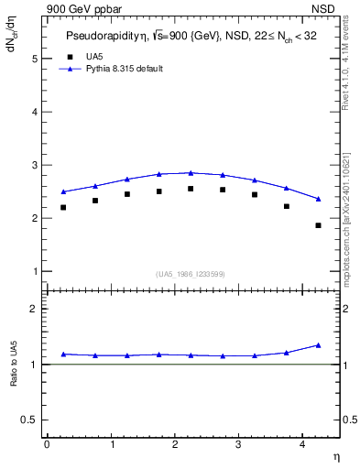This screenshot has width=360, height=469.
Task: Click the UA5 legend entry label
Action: pos(95,56)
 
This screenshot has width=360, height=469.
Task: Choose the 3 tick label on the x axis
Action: pos(238,444)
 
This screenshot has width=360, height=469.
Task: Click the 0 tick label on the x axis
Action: pos(47,444)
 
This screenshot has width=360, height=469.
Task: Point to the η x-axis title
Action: pos(335,455)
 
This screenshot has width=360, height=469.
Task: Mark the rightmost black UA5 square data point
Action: pos(318,225)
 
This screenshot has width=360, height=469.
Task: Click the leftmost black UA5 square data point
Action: pos(63,208)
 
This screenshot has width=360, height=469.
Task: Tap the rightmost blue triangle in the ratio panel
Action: pos(318,345)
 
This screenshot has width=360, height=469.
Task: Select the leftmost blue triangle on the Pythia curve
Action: pos(63,191)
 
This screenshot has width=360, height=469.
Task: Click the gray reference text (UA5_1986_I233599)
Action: pos(191,274)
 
